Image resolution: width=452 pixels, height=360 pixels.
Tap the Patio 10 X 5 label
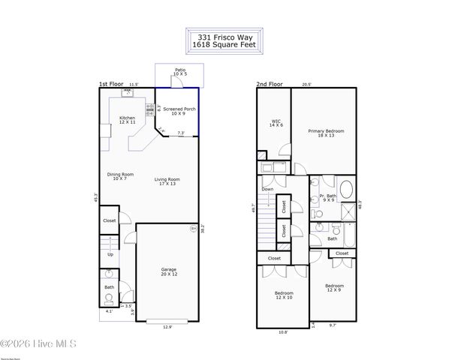[179, 72]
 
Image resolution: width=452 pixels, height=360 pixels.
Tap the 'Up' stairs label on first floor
[110, 254]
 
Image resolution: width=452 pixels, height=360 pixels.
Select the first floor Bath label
[110, 286]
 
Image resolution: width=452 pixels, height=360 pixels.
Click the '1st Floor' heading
[110, 85]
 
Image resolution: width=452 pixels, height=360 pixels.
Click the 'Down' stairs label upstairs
[268, 190]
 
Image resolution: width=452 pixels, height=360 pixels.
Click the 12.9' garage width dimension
[169, 326]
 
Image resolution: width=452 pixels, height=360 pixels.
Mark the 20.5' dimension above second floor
[307, 85]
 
